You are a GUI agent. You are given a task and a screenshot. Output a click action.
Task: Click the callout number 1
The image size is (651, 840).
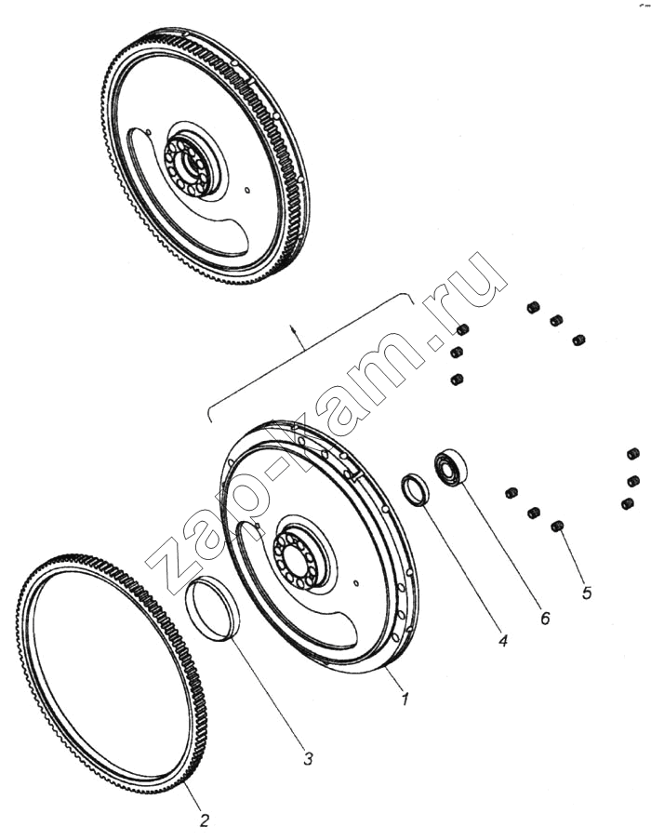coord(405,699)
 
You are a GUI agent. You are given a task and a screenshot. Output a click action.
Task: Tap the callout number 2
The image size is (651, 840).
coord(204,820)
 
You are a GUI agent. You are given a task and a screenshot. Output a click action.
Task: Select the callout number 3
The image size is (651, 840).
coord(307,758)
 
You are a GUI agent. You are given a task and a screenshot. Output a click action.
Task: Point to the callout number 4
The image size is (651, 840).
coord(502,640)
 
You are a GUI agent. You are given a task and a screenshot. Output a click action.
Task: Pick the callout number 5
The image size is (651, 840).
coord(587,593)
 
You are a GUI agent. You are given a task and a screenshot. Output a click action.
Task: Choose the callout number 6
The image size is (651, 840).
coord(544,619)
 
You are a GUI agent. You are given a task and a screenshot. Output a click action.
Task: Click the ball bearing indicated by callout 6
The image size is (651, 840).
coord(450,469)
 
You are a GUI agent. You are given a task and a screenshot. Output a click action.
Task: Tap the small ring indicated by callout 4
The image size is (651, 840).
coord(416,489)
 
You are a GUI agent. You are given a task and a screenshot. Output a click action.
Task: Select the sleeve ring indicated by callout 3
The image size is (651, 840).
coord(214,609)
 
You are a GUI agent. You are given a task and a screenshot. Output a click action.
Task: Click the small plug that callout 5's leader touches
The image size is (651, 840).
coord(557,527)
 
